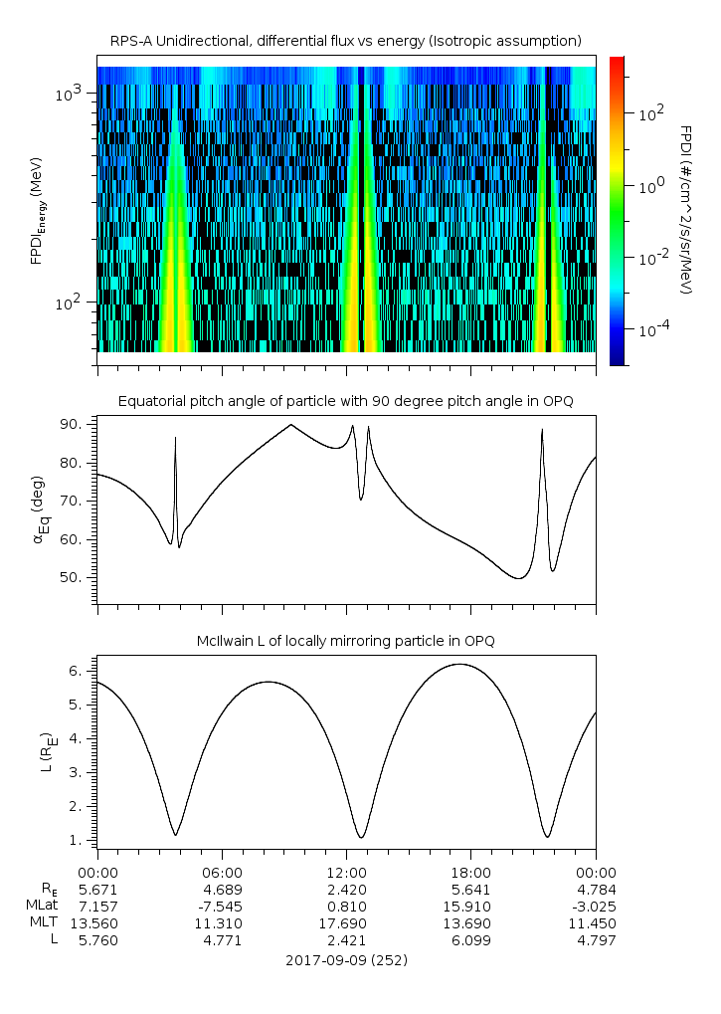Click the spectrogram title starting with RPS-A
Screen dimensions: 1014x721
pyautogui.click(x=346, y=40)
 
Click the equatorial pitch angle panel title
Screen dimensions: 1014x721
pyautogui.click(x=346, y=401)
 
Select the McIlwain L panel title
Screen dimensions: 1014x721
pyautogui.click(x=346, y=641)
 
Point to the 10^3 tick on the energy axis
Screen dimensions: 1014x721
pyautogui.click(x=73, y=94)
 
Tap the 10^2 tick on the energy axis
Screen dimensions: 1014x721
pyautogui.click(x=73, y=303)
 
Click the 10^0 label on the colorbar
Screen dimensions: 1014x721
pyautogui.click(x=651, y=186)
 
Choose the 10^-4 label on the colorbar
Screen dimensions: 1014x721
pyautogui.click(x=654, y=328)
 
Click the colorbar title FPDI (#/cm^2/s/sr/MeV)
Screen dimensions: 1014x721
pyautogui.click(x=685, y=210)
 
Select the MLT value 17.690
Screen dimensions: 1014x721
pyautogui.click(x=346, y=923)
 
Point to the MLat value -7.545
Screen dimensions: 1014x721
pyautogui.click(x=222, y=906)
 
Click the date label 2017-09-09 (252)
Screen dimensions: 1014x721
pyautogui.click(x=346, y=961)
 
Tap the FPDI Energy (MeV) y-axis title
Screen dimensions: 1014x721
pyautogui.click(x=37, y=210)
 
